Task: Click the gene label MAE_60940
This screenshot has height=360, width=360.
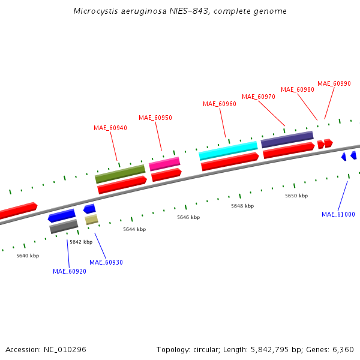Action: pos(110,128)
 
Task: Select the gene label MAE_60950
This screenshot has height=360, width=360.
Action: pos(155,118)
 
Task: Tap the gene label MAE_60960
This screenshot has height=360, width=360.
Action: pos(220,104)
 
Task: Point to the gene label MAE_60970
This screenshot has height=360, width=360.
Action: pos(259,97)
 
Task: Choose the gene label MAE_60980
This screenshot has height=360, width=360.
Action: pos(298,89)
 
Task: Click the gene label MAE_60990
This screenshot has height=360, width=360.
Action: pos(334,83)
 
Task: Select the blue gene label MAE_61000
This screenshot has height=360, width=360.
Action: pos(338,214)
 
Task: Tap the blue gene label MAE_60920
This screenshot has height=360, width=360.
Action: pos(70,271)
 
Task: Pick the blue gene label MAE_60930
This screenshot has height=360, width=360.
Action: pos(106,262)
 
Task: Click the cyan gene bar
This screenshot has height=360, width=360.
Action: pos(228,151)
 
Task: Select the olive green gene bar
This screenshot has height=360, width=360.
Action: pos(120,174)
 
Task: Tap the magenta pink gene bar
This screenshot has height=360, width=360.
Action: pos(164,163)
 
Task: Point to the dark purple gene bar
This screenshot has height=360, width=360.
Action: pos(287,140)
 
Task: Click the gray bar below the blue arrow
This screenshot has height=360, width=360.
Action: pos(64,226)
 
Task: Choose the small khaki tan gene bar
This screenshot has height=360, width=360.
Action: pos(91,220)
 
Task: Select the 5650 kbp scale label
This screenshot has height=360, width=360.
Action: pos(296,196)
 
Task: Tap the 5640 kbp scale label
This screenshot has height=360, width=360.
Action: pos(28,256)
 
